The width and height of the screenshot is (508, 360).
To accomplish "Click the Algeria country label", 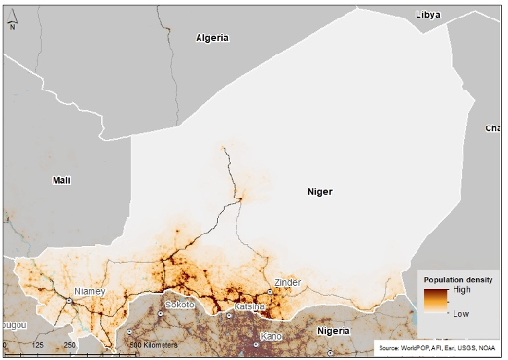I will point(211,38).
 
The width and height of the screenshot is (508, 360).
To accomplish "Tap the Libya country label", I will point(427,15).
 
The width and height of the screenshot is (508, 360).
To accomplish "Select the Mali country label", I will point(62,180).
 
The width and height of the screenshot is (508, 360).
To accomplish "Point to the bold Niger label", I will point(320,192).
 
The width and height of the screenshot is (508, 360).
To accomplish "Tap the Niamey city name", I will point(91,291).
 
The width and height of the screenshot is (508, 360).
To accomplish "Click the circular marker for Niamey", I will point(70,301).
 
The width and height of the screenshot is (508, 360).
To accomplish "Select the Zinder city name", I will point(288,283).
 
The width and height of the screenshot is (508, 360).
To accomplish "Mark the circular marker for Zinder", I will point(270,292).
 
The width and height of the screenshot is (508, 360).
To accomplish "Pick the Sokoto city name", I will point(180,305).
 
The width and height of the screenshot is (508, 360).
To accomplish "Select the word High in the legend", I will point(461,290).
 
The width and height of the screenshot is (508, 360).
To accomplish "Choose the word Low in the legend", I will point(460,314).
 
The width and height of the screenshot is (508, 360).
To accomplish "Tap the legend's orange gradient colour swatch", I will point(435,302).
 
